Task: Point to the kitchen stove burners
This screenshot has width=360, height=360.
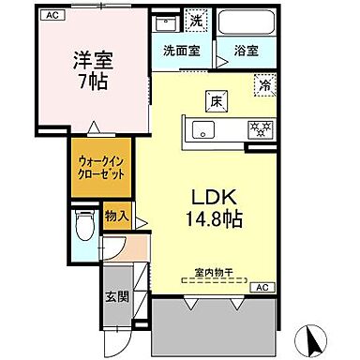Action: tap(259, 127)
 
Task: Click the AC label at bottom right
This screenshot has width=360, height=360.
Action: tap(262, 286)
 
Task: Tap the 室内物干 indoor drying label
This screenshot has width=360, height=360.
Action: tap(214, 274)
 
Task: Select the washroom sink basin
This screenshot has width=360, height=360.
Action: tap(170, 21)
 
